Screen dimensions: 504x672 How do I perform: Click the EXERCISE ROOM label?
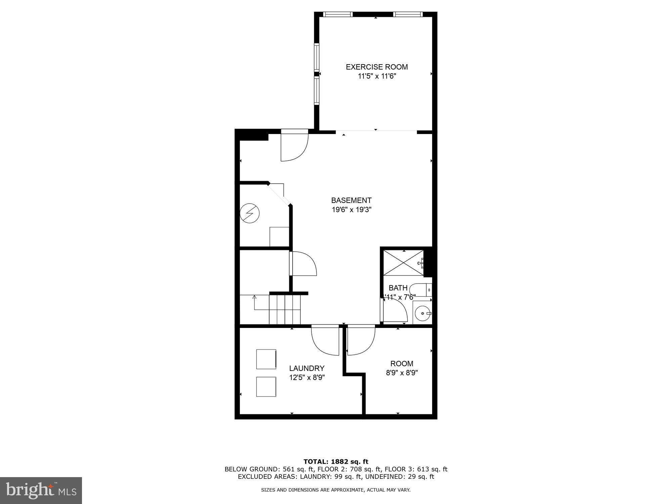(x=377, y=67)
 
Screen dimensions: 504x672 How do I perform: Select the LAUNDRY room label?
(x=307, y=368)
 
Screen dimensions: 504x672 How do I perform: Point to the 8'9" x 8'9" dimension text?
(x=402, y=373)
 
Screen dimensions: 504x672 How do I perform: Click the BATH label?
(x=398, y=288)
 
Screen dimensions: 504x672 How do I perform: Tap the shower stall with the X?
(x=403, y=263)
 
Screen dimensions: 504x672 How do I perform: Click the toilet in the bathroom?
(x=418, y=290)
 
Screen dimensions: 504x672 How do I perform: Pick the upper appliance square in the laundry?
(x=266, y=359)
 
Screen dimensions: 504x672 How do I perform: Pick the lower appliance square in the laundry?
(x=266, y=387)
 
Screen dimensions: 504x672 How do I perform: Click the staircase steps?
(x=285, y=309)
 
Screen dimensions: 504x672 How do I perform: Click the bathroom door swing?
(x=395, y=311)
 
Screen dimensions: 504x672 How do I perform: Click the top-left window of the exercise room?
(x=338, y=14)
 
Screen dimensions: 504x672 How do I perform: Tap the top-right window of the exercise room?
(x=408, y=14)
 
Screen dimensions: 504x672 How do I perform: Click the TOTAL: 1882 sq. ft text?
(x=336, y=462)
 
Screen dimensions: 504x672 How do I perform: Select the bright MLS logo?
(x=41, y=490)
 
